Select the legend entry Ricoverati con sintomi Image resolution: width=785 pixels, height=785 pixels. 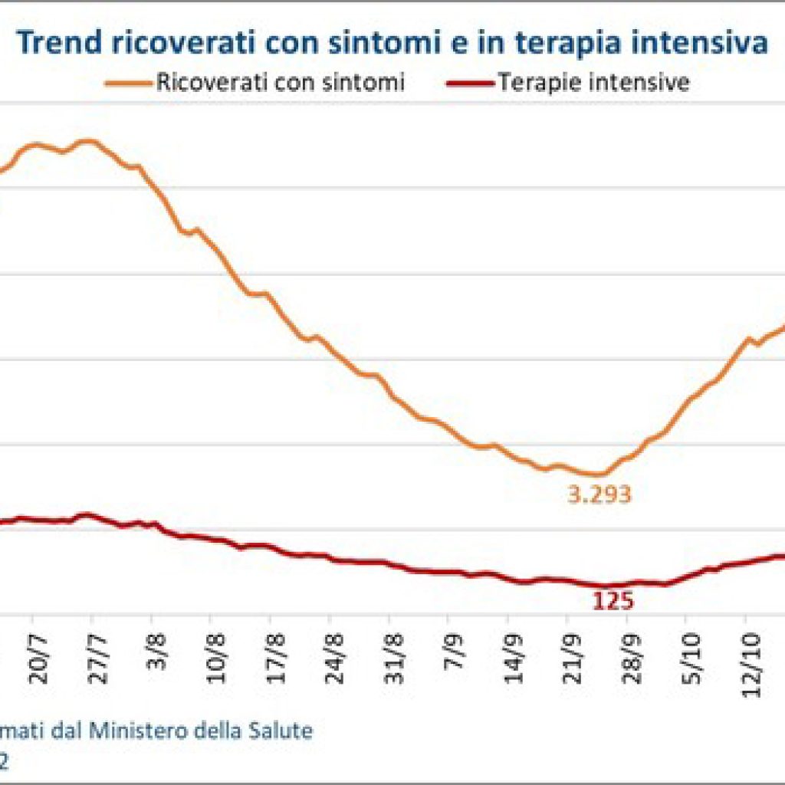click(281, 82)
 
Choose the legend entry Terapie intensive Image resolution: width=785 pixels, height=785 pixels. click(593, 82)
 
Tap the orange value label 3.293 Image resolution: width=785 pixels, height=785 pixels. click(599, 494)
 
